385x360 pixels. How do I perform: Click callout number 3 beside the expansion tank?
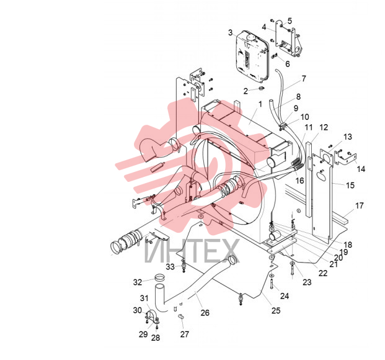230,32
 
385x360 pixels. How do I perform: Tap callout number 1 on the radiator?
260,104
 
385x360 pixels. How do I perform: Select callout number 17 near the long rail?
359,205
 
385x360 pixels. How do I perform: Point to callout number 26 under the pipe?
205,313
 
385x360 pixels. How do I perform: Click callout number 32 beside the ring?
138,282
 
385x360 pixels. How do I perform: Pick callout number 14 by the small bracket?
361,169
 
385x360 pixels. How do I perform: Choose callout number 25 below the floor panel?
276,310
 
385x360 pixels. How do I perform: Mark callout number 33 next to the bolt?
170,266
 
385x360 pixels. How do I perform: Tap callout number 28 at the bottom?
156,338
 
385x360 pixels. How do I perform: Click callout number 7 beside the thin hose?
304,78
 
